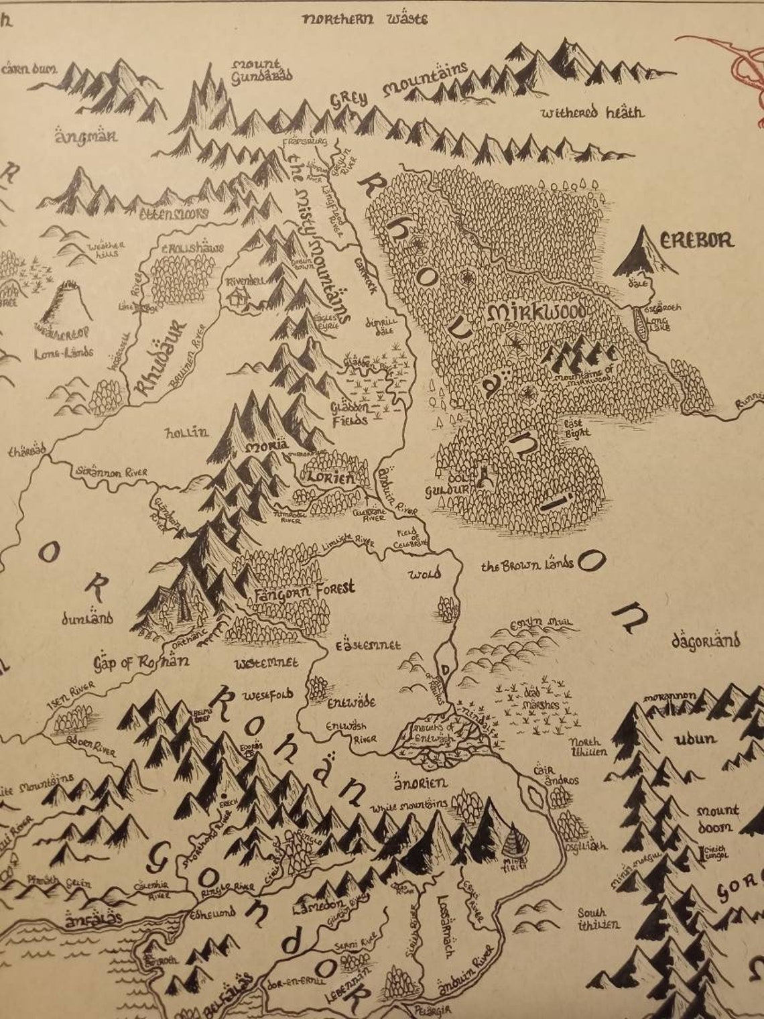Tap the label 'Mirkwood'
tap(537, 312)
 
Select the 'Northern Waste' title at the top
tap(365, 18)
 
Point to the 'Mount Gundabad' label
tap(262, 70)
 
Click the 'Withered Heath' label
tap(592, 112)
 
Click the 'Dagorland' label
tap(705, 641)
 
